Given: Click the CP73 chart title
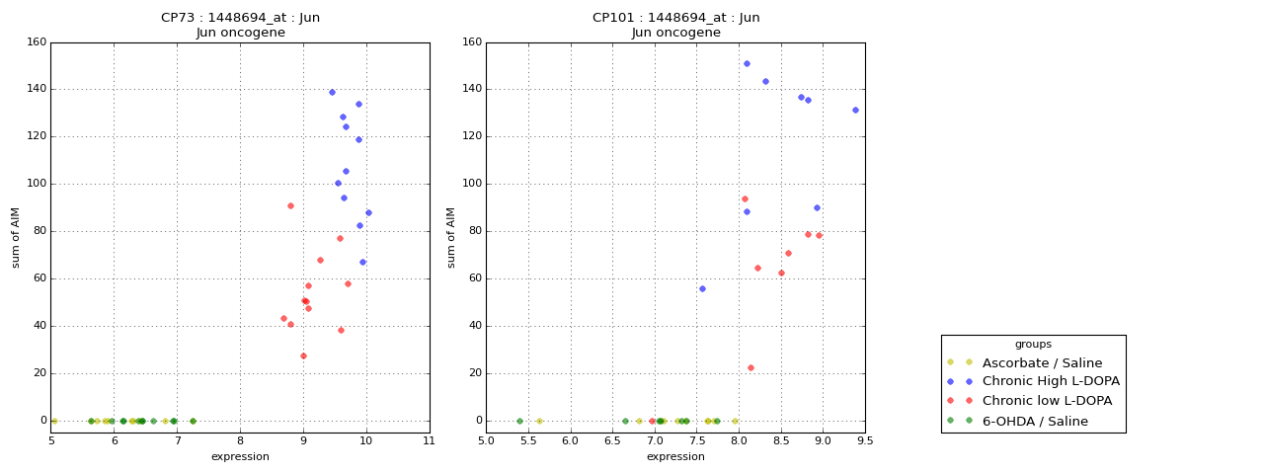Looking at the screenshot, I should (240, 25).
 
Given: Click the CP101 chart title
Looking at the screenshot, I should (675, 25).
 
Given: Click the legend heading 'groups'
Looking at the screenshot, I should (1033, 345).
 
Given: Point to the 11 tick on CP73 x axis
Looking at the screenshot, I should (429, 440).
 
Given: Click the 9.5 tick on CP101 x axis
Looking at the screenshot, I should (864, 440).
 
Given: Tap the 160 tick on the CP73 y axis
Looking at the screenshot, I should (36, 42).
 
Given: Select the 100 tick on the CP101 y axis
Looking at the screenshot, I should (471, 184).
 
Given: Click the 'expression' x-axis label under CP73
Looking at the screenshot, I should (240, 456).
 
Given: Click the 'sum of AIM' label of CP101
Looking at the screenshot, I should (451, 237).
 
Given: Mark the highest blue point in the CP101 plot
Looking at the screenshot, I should (747, 63).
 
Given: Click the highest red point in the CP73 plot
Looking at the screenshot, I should (290, 205).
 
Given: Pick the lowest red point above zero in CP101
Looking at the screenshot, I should (750, 367).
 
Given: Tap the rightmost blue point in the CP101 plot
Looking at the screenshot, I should (855, 110).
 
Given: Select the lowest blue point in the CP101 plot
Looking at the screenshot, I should (702, 288).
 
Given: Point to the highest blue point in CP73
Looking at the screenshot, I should (332, 92).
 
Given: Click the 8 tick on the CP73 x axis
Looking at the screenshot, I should (240, 440).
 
